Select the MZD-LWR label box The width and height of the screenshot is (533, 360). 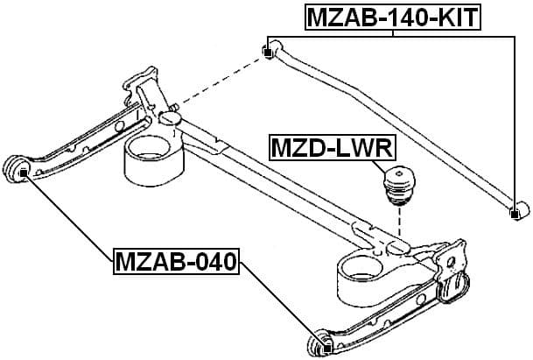pyautogui.click(x=324, y=149)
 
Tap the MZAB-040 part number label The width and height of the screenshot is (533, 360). pyautogui.click(x=177, y=260)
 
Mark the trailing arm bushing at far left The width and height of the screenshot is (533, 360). pyautogui.click(x=18, y=168)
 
